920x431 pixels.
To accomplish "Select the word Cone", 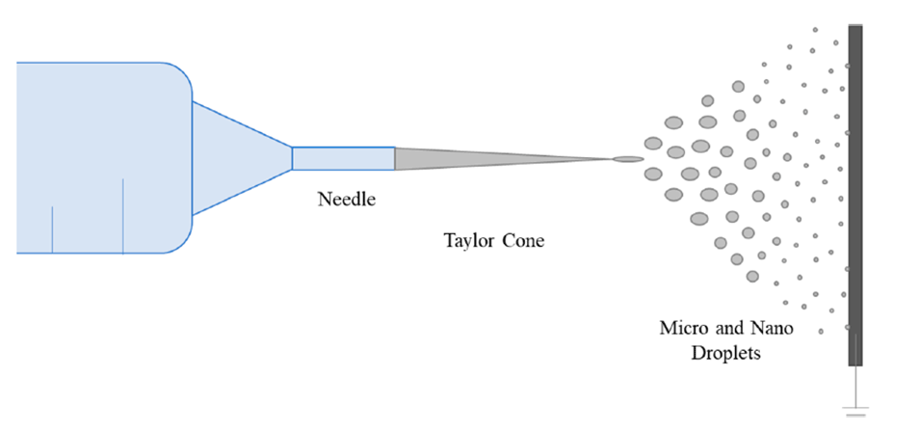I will [x=523, y=240].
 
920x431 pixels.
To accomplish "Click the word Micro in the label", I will [x=681, y=328].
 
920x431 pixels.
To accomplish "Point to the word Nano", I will [x=771, y=328].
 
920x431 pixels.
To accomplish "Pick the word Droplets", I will [x=728, y=353].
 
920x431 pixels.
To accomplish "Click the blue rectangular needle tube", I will [x=343, y=158].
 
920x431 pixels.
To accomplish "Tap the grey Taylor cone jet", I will [x=482, y=158].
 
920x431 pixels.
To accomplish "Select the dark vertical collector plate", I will [x=854, y=193].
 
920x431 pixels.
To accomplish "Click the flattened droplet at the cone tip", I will [x=628, y=159].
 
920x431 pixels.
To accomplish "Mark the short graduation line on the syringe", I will [x=52, y=229].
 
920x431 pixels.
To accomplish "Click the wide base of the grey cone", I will [x=399, y=158].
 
